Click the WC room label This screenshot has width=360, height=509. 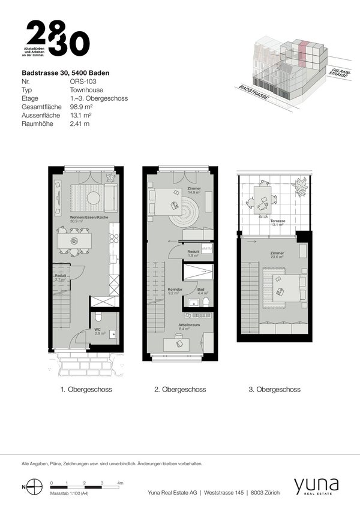[97, 330]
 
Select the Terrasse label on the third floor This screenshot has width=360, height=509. [278, 221]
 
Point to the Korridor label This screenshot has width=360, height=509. [175, 290]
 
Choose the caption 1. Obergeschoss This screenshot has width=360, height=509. [86, 390]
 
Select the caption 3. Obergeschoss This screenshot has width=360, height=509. [274, 390]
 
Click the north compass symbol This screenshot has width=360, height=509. [35, 487]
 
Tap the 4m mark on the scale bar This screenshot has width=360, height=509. [121, 483]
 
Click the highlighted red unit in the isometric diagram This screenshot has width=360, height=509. [304, 47]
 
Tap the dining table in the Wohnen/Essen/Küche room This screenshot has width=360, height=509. [75, 241]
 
